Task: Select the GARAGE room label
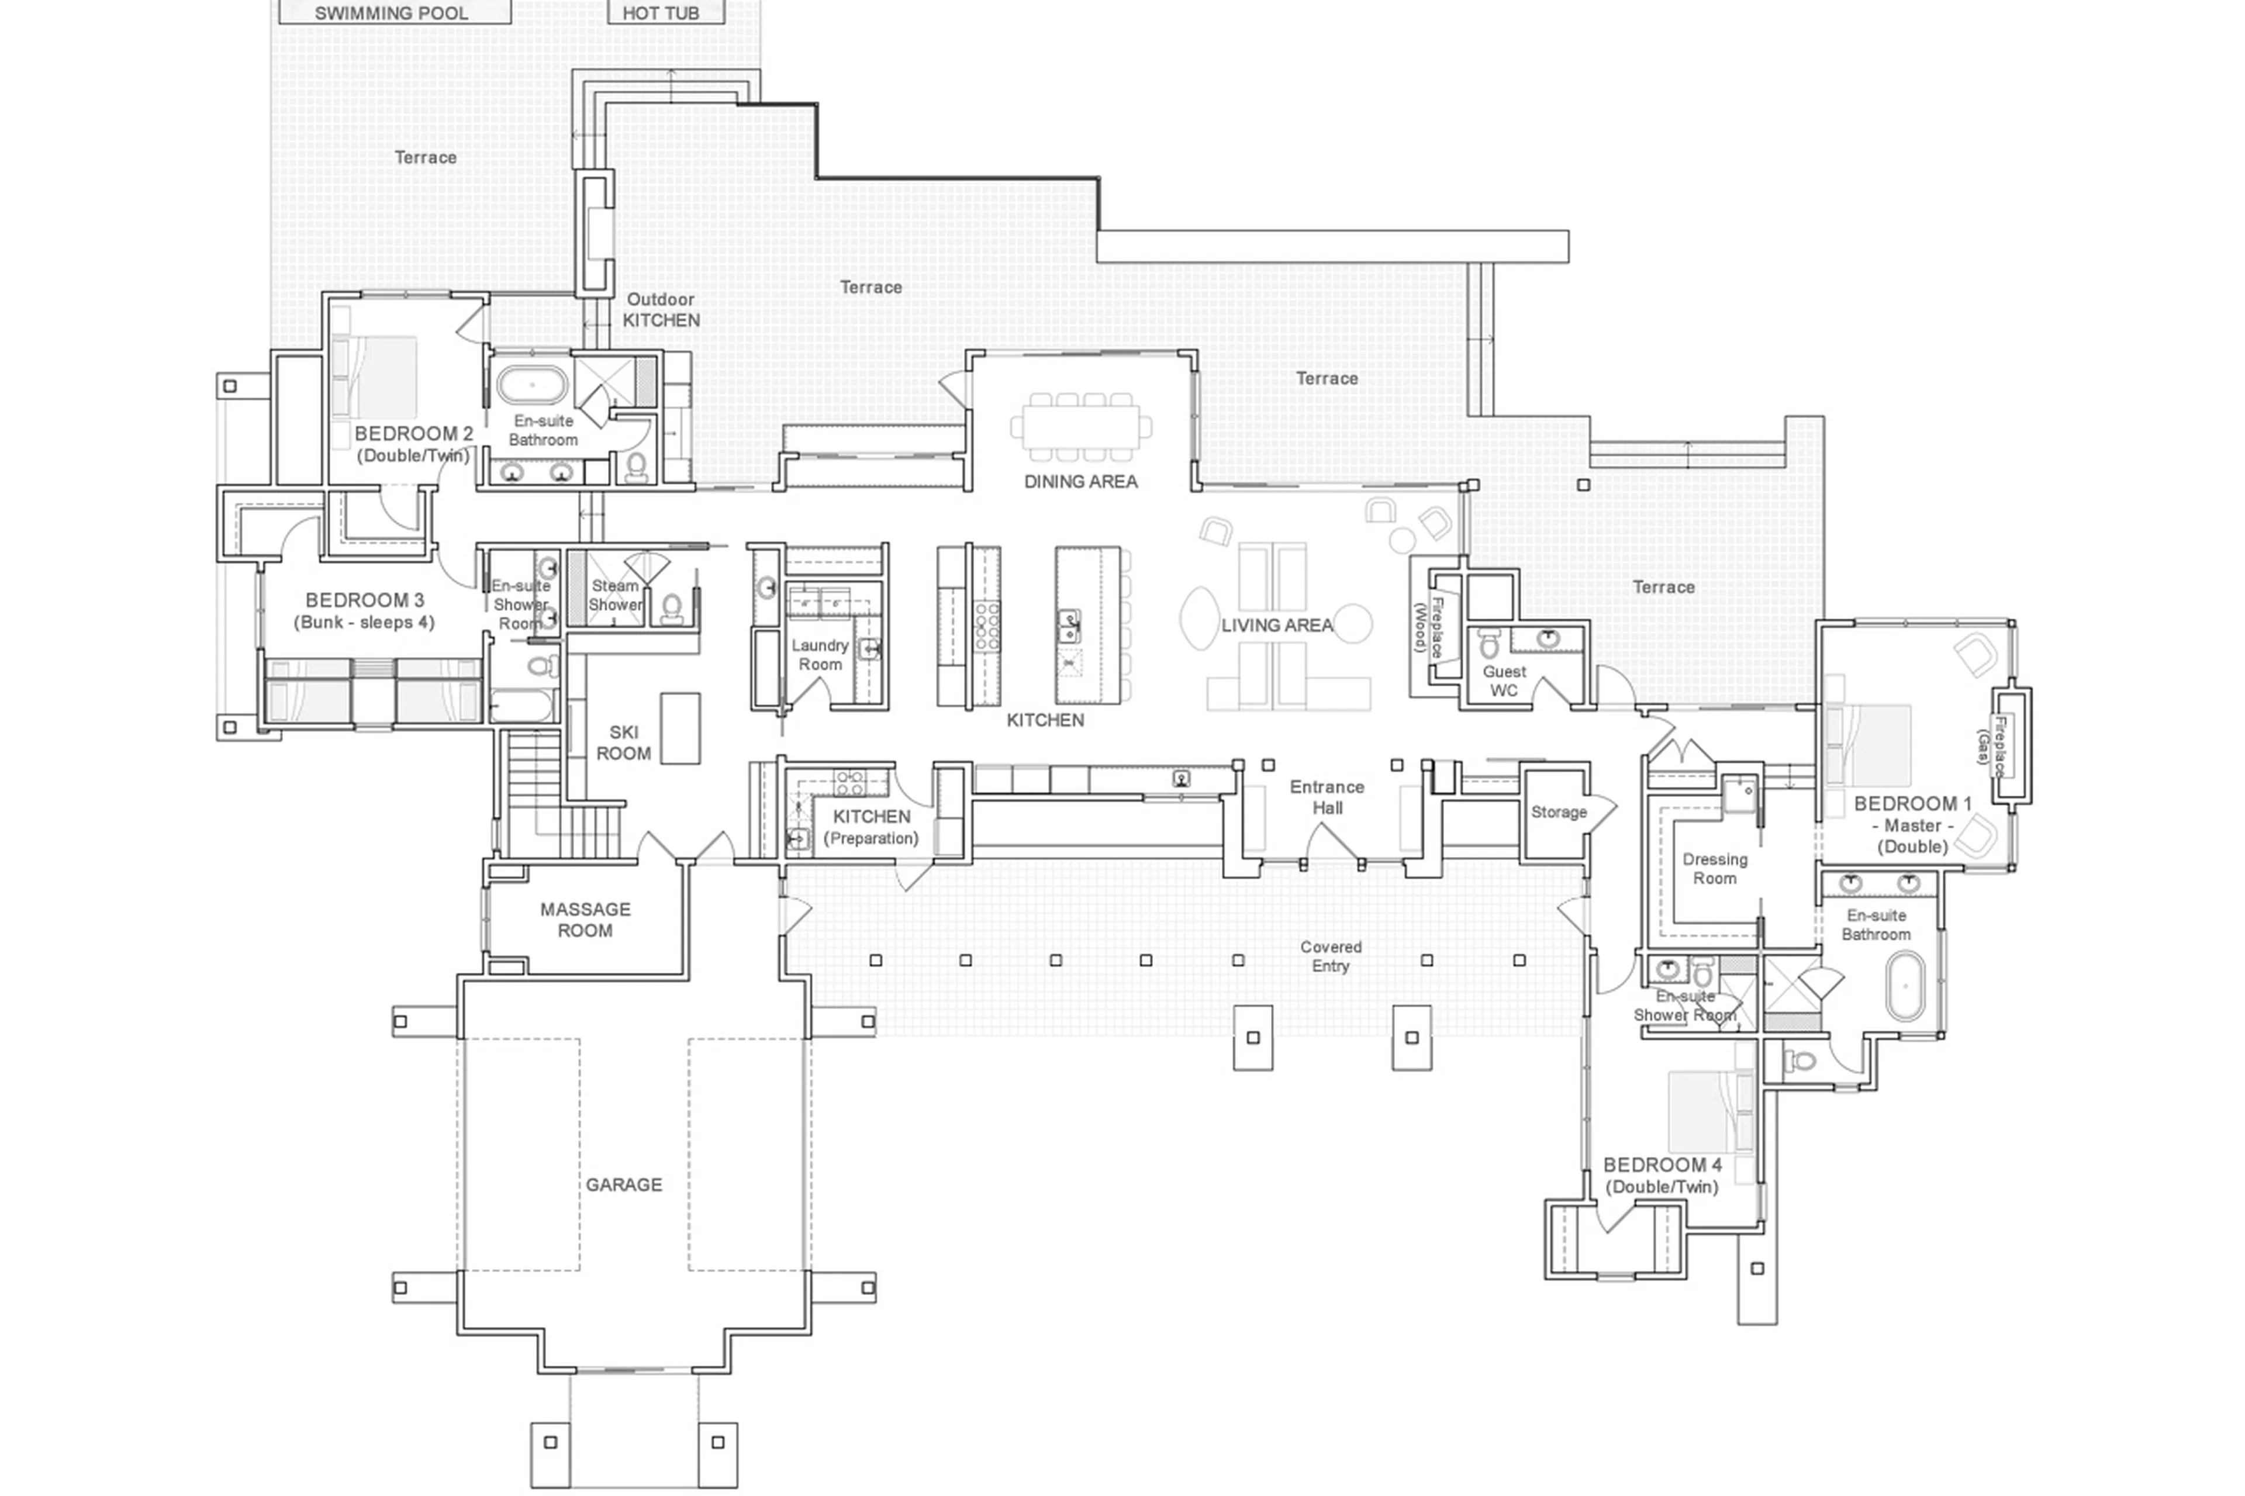[x=623, y=1184]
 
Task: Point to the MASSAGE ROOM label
[x=585, y=919]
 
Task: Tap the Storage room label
[x=1558, y=812]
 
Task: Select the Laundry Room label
[x=820, y=655]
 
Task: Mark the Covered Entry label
[x=1330, y=956]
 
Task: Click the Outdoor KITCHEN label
[x=660, y=309]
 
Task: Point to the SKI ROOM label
[x=623, y=742]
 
